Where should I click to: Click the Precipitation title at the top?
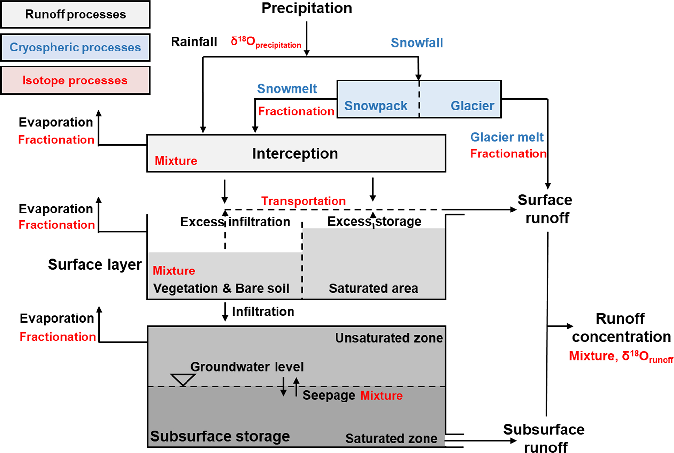[x=307, y=8]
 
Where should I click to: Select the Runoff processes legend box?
[x=75, y=14]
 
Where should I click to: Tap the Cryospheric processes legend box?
[x=75, y=48]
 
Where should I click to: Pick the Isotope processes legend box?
[x=75, y=80]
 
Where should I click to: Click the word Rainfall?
[x=194, y=42]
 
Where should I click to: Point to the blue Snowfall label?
[x=417, y=43]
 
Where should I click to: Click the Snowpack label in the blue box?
[x=376, y=106]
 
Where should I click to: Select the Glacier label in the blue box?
[x=472, y=106]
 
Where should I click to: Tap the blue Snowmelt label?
[x=287, y=89]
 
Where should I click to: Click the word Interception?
[x=295, y=153]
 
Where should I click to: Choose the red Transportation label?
[x=303, y=201]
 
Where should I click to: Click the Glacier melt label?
[x=507, y=137]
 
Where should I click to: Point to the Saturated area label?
[x=373, y=288]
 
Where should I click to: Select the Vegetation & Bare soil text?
[x=221, y=288]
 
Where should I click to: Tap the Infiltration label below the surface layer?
[x=263, y=312]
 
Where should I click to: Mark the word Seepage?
[x=329, y=395]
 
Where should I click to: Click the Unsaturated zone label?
[x=389, y=338]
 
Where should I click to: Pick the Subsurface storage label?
[x=220, y=436]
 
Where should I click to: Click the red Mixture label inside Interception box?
[x=176, y=161]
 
